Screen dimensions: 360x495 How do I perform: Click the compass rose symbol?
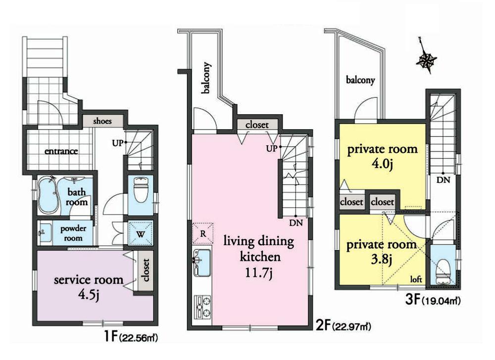click(426, 60)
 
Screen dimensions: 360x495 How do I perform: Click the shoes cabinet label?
click(102, 121)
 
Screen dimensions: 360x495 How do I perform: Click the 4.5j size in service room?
click(89, 296)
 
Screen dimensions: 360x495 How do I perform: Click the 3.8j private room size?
click(381, 260)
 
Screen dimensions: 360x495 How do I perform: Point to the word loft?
click(415, 279)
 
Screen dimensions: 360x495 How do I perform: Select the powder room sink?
click(46, 230)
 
